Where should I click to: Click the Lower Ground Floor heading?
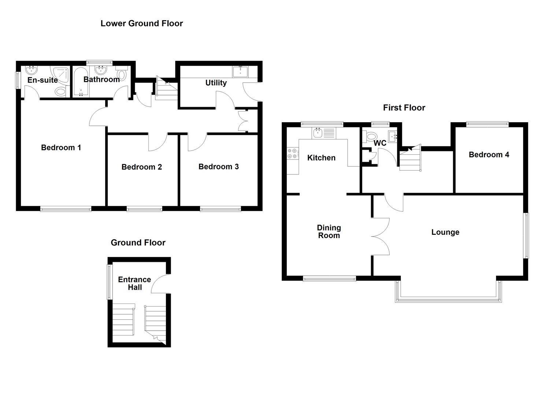pyautogui.click(x=141, y=23)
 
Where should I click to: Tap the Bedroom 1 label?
pyautogui.click(x=61, y=147)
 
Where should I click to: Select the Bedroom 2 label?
pyautogui.click(x=141, y=167)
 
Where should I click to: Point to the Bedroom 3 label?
pyautogui.click(x=218, y=166)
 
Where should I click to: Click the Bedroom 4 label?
pyautogui.click(x=489, y=154)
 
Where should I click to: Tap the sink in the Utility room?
pyautogui.click(x=240, y=71)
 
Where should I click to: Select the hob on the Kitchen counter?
pyautogui.click(x=292, y=153)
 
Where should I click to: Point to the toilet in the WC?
pyautogui.click(x=367, y=136)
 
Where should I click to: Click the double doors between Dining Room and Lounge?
pyautogui.click(x=380, y=236)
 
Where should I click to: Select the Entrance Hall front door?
pyautogui.click(x=160, y=284)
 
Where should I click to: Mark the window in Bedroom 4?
pyautogui.click(x=487, y=124)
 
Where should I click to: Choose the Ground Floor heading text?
pyautogui.click(x=138, y=242)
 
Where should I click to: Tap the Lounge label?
pyautogui.click(x=445, y=232)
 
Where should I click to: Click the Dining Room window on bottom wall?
pyautogui.click(x=329, y=279)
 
